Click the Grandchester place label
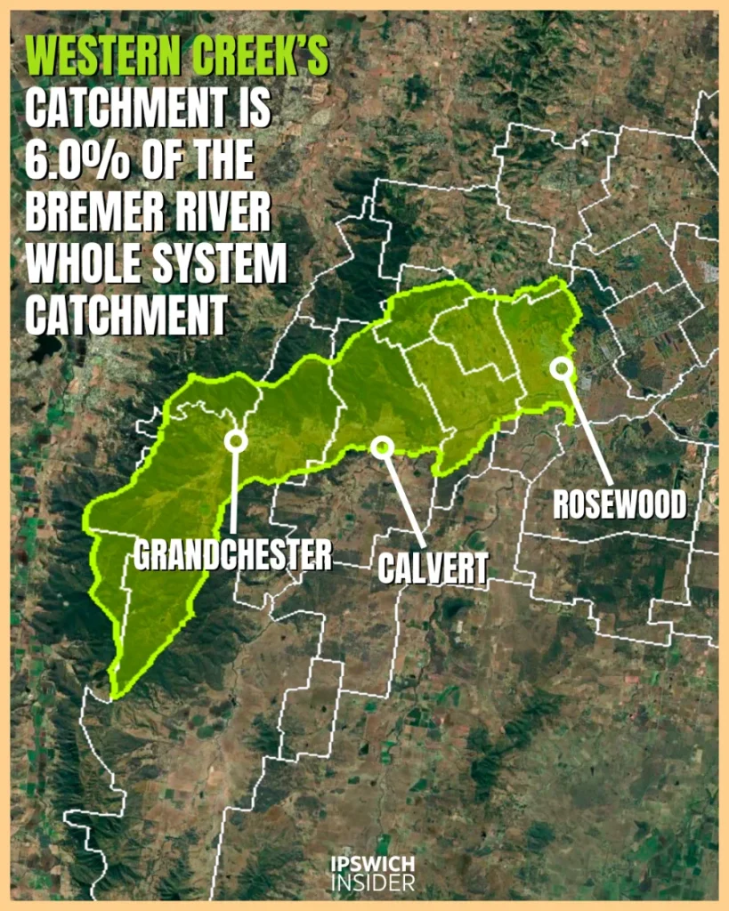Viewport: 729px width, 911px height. click(x=233, y=555)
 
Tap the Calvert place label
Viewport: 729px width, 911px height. click(x=433, y=567)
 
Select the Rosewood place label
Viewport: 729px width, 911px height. click(x=620, y=504)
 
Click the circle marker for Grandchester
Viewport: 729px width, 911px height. click(x=236, y=439)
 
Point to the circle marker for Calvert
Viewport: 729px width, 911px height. click(x=382, y=447)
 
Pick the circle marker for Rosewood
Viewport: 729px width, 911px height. click(x=560, y=367)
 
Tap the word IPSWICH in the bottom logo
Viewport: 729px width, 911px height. click(x=371, y=867)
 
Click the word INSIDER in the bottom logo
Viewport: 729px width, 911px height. click(x=371, y=883)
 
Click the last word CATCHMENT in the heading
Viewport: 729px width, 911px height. click(x=125, y=316)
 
